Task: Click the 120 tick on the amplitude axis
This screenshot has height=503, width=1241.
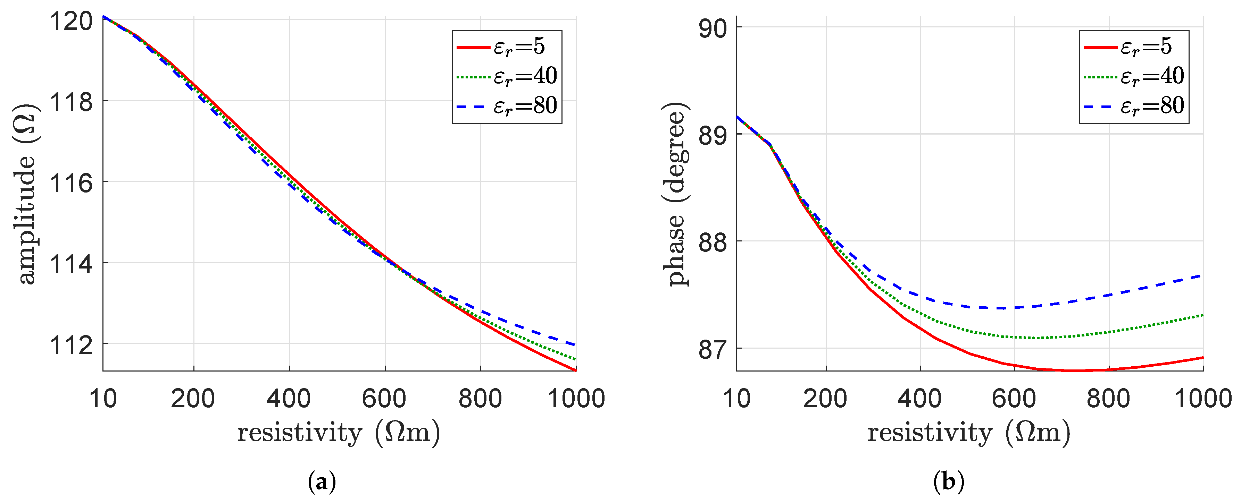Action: coord(71,22)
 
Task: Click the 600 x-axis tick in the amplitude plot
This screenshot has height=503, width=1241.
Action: coord(384,399)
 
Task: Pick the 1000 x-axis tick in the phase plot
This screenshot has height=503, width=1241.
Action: coord(1203,399)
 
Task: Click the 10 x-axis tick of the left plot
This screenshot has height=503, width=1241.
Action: coord(103,399)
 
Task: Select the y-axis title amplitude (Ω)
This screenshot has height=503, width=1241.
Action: coord(25,194)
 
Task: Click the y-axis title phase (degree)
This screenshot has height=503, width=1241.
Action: coord(675,194)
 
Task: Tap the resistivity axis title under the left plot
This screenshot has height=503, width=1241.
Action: coord(338,432)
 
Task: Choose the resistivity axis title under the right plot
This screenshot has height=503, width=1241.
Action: coord(969,432)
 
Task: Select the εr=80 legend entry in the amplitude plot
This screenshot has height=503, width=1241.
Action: coord(507,106)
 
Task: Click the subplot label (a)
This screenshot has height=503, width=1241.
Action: coord(321,482)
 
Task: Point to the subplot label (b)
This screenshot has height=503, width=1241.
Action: coord(948,482)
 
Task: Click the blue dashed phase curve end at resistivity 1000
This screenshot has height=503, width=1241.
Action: coord(1202,276)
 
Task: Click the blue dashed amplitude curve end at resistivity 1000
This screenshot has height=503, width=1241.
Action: coord(575,344)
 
